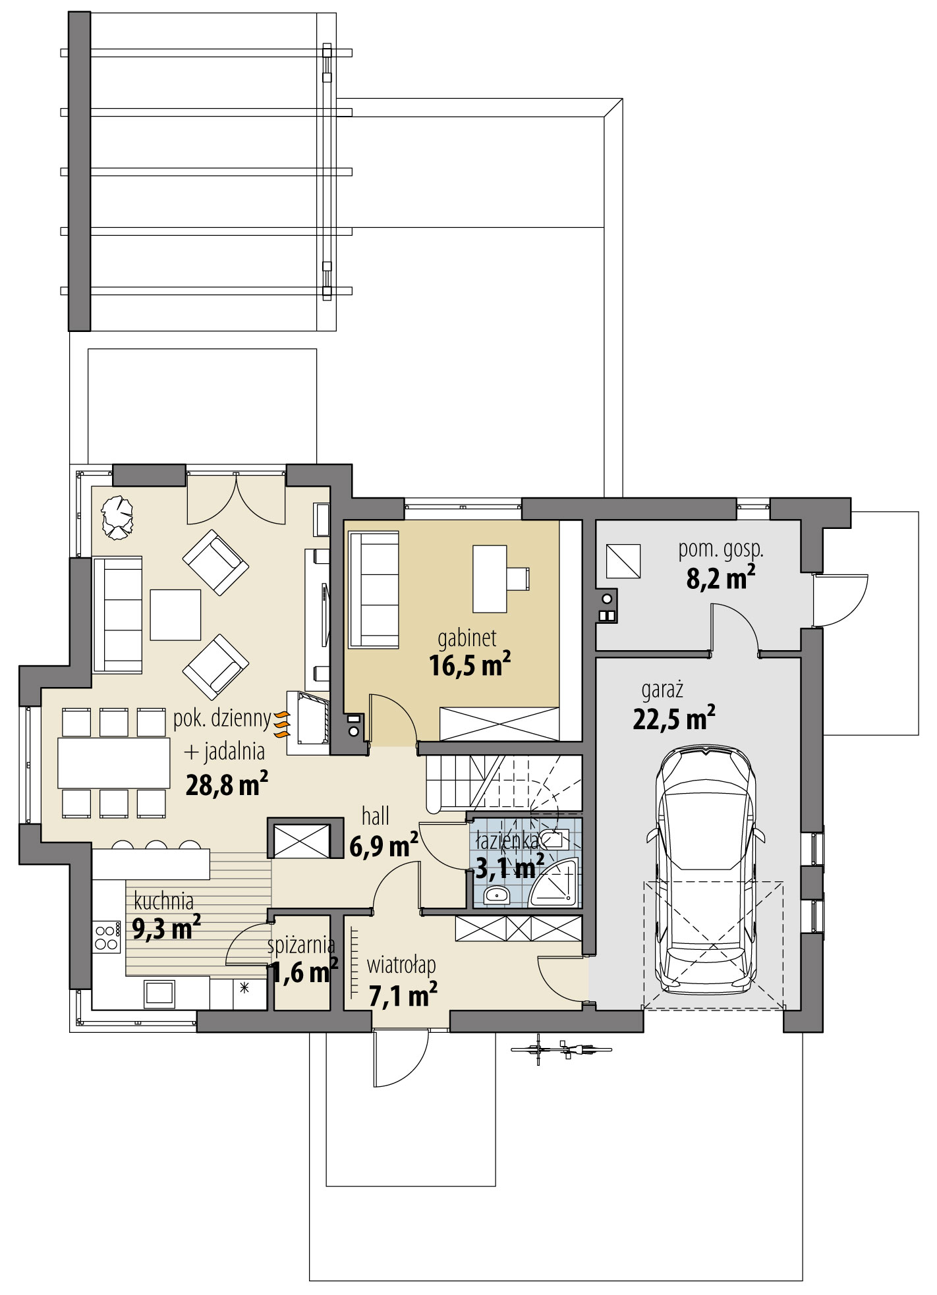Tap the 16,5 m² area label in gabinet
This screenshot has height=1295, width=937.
(x=469, y=665)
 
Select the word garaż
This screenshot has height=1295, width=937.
(x=662, y=690)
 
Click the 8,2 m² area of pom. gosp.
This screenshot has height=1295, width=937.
(x=720, y=579)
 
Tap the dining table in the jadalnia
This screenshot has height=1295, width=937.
(x=113, y=763)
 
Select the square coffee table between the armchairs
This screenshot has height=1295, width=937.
(x=175, y=615)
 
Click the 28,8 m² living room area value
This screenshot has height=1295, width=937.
(x=226, y=784)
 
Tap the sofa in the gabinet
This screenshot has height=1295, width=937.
(x=374, y=590)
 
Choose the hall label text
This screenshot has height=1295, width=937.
(x=376, y=817)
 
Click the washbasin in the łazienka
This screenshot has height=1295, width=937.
(x=496, y=895)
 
